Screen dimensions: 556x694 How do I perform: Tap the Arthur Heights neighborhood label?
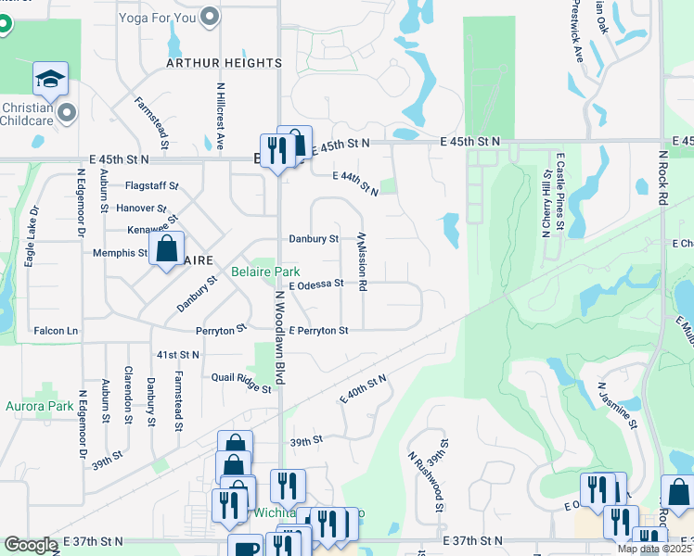224,63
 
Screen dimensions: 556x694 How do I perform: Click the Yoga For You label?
158,16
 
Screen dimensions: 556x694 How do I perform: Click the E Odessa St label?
316,284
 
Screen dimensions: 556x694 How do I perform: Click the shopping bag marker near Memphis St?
167,249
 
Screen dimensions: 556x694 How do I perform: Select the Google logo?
31,545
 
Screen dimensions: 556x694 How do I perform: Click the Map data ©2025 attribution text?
654,550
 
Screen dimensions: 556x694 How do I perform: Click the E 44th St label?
356,182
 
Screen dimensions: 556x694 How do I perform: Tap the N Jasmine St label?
618,405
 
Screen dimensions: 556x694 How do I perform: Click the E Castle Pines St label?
559,192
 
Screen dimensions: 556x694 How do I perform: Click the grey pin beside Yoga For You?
211,16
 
